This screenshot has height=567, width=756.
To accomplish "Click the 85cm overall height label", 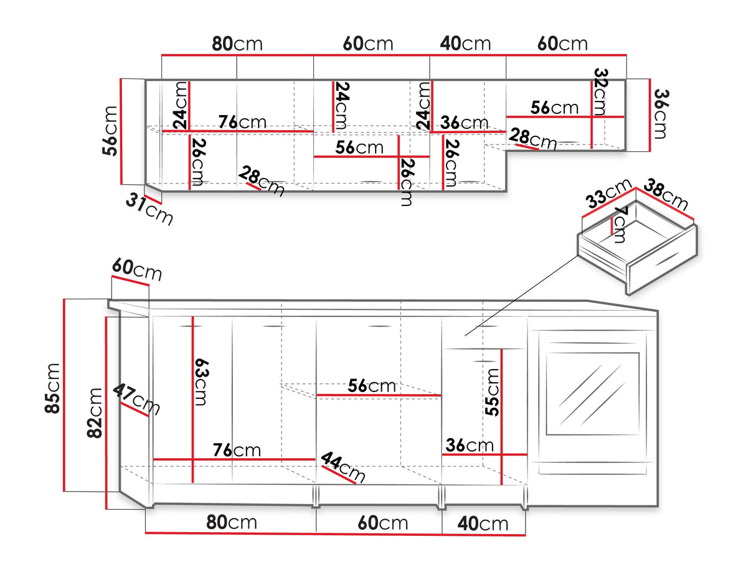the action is pyautogui.click(x=52, y=388).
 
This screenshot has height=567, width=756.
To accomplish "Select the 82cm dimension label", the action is pyautogui.click(x=95, y=413).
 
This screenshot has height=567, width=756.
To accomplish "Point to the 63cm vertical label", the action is pyautogui.click(x=202, y=382).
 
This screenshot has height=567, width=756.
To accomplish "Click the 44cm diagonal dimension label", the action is pyautogui.click(x=343, y=467).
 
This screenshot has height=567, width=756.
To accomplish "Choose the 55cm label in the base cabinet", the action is pyautogui.click(x=492, y=393).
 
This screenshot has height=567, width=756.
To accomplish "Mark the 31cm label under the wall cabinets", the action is pyautogui.click(x=149, y=209).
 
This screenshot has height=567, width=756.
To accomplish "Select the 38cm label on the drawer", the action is pyautogui.click(x=666, y=194).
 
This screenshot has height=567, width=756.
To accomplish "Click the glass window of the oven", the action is pyautogui.click(x=592, y=393).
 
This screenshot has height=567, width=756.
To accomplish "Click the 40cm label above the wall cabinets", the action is pyautogui.click(x=465, y=44).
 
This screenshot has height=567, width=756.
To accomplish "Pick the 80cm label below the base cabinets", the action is pyautogui.click(x=232, y=522).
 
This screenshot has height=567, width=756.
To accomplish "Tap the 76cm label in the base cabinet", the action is pyautogui.click(x=237, y=450).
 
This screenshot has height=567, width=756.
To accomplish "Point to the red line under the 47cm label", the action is pyautogui.click(x=135, y=410).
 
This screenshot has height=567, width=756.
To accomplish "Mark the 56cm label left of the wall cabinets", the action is pyautogui.click(x=110, y=131).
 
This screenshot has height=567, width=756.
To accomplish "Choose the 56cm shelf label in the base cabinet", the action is pyautogui.click(x=372, y=386).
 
